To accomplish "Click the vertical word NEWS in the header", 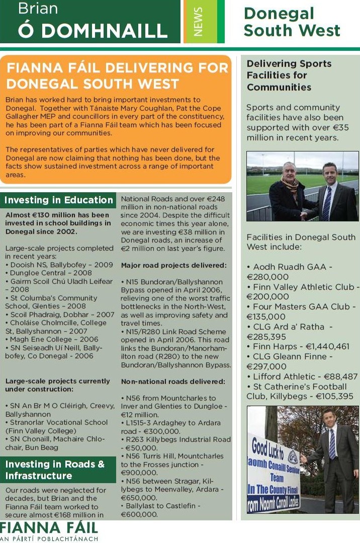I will click(x=198, y=22).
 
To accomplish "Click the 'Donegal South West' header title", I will click(x=292, y=22).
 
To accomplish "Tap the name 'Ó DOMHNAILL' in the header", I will click(x=93, y=31).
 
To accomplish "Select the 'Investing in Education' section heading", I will click(x=59, y=200).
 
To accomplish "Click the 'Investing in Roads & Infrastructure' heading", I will click(x=55, y=470).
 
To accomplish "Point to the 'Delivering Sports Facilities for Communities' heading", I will click(x=289, y=75).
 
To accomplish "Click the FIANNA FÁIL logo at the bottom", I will click(x=49, y=529).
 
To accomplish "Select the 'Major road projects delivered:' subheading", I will click(x=174, y=265).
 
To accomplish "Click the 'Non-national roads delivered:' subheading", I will click(x=173, y=382).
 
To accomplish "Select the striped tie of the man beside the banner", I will click(x=332, y=443).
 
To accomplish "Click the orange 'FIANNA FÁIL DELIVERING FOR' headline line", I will click(x=118, y=68).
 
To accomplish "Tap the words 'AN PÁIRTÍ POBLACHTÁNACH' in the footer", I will click(x=49, y=539).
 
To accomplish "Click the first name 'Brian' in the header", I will click(x=38, y=9).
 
